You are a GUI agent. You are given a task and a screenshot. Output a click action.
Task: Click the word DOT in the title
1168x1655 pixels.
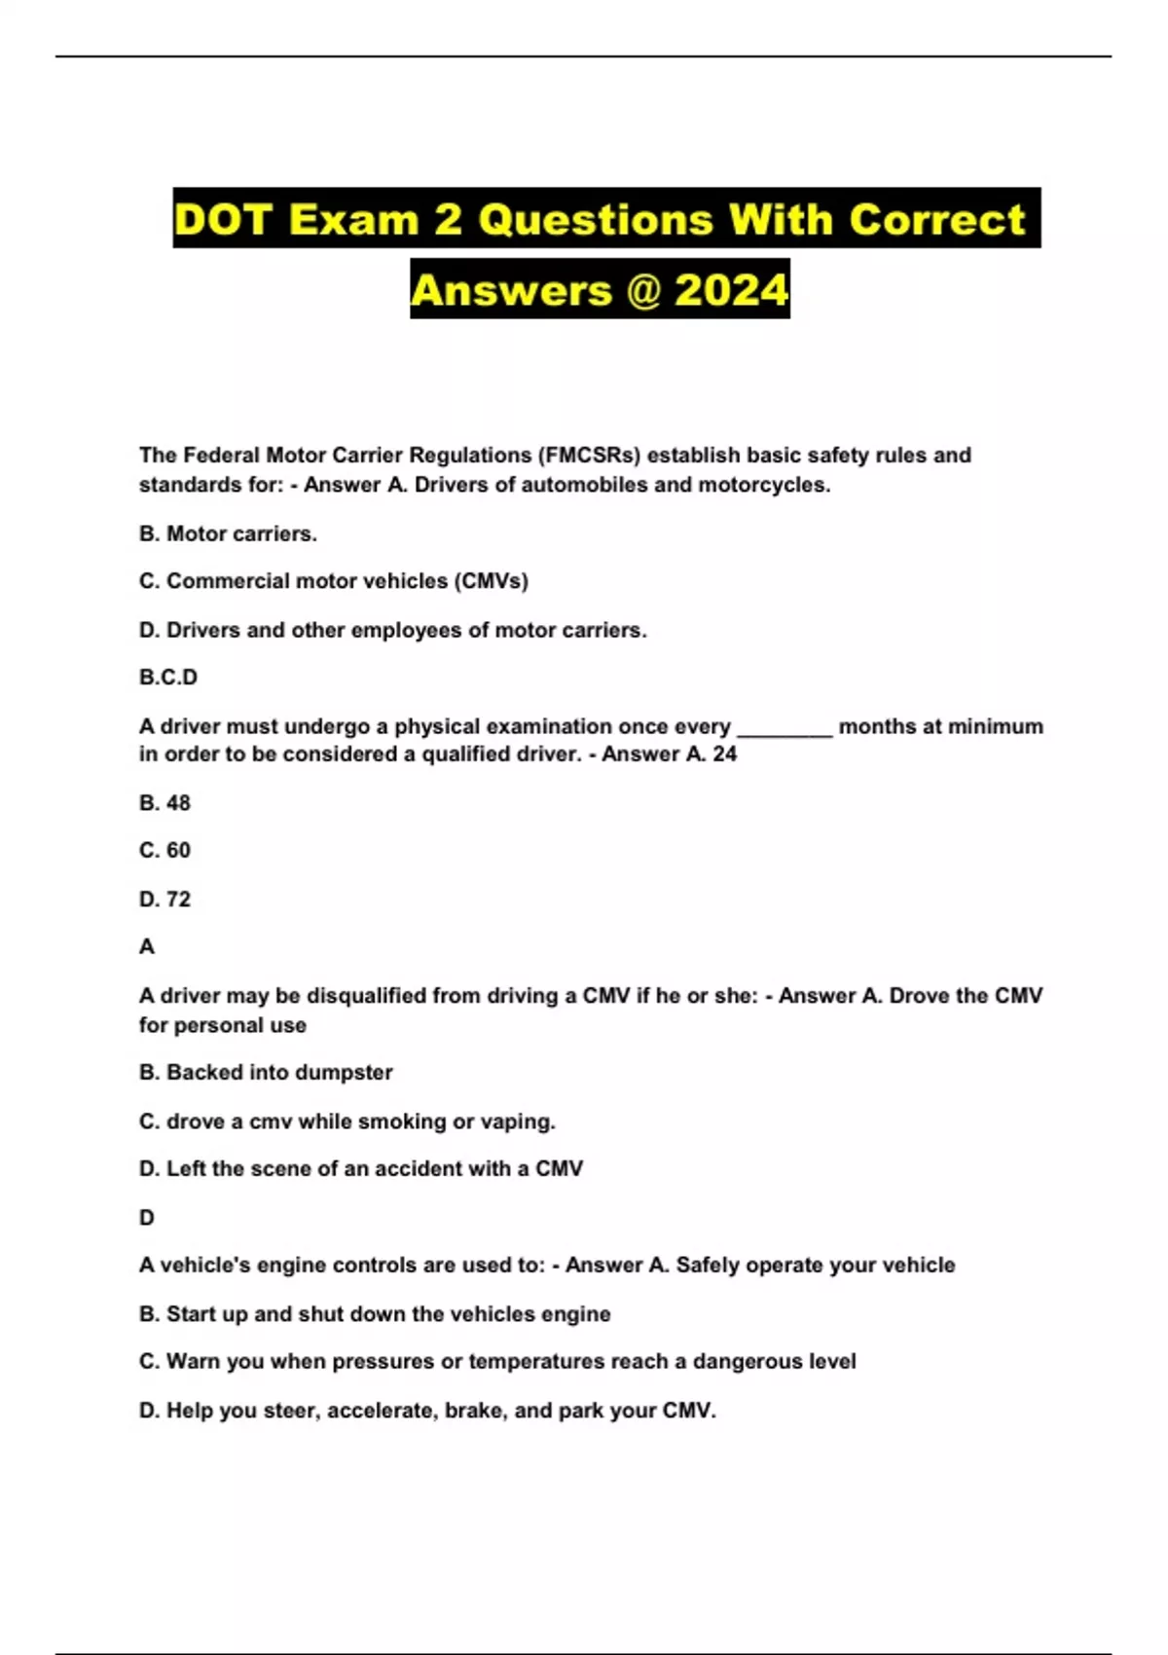223,219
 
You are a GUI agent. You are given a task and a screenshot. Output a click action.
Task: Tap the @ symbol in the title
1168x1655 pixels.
643,290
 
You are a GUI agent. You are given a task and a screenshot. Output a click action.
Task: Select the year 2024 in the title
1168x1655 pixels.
731,290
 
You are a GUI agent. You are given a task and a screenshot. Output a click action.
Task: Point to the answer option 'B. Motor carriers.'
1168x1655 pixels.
228,533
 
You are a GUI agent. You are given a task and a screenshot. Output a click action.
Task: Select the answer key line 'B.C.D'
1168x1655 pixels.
168,678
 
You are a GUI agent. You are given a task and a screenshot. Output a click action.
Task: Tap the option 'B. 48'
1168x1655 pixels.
164,803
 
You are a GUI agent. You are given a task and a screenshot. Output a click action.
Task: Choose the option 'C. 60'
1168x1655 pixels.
164,851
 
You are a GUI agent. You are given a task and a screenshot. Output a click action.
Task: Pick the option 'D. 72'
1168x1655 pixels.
164,900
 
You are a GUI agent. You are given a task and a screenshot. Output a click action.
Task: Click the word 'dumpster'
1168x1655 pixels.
345,1073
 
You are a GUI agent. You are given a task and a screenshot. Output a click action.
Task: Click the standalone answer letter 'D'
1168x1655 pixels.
147,1218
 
